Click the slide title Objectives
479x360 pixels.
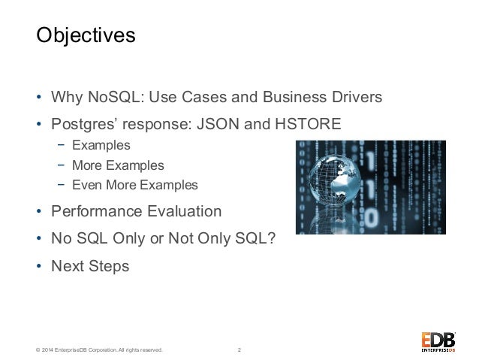(86, 35)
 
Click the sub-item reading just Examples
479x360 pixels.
(101, 144)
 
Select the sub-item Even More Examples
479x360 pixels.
(135, 185)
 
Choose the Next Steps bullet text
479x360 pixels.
(90, 265)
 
